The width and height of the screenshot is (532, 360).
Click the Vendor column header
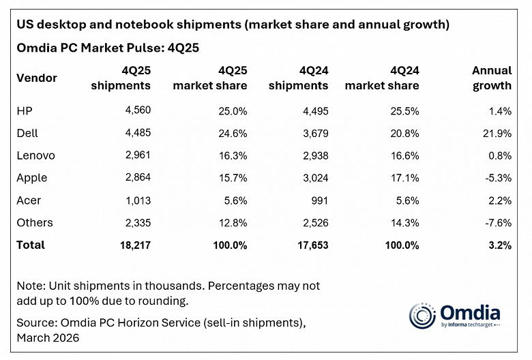[37, 78]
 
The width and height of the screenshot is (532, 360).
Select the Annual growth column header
[491, 78]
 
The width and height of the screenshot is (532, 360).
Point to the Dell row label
[27, 133]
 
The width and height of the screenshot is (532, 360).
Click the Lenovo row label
[35, 155]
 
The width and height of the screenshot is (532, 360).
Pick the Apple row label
[31, 178]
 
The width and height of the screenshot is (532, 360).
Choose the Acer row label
[29, 200]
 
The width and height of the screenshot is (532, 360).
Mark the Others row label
[34, 222]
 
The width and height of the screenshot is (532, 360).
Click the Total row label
[30, 245]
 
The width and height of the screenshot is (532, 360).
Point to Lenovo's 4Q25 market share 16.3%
[231, 155]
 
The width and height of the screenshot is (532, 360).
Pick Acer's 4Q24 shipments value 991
[318, 200]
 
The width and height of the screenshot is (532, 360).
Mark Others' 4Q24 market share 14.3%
[403, 222]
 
